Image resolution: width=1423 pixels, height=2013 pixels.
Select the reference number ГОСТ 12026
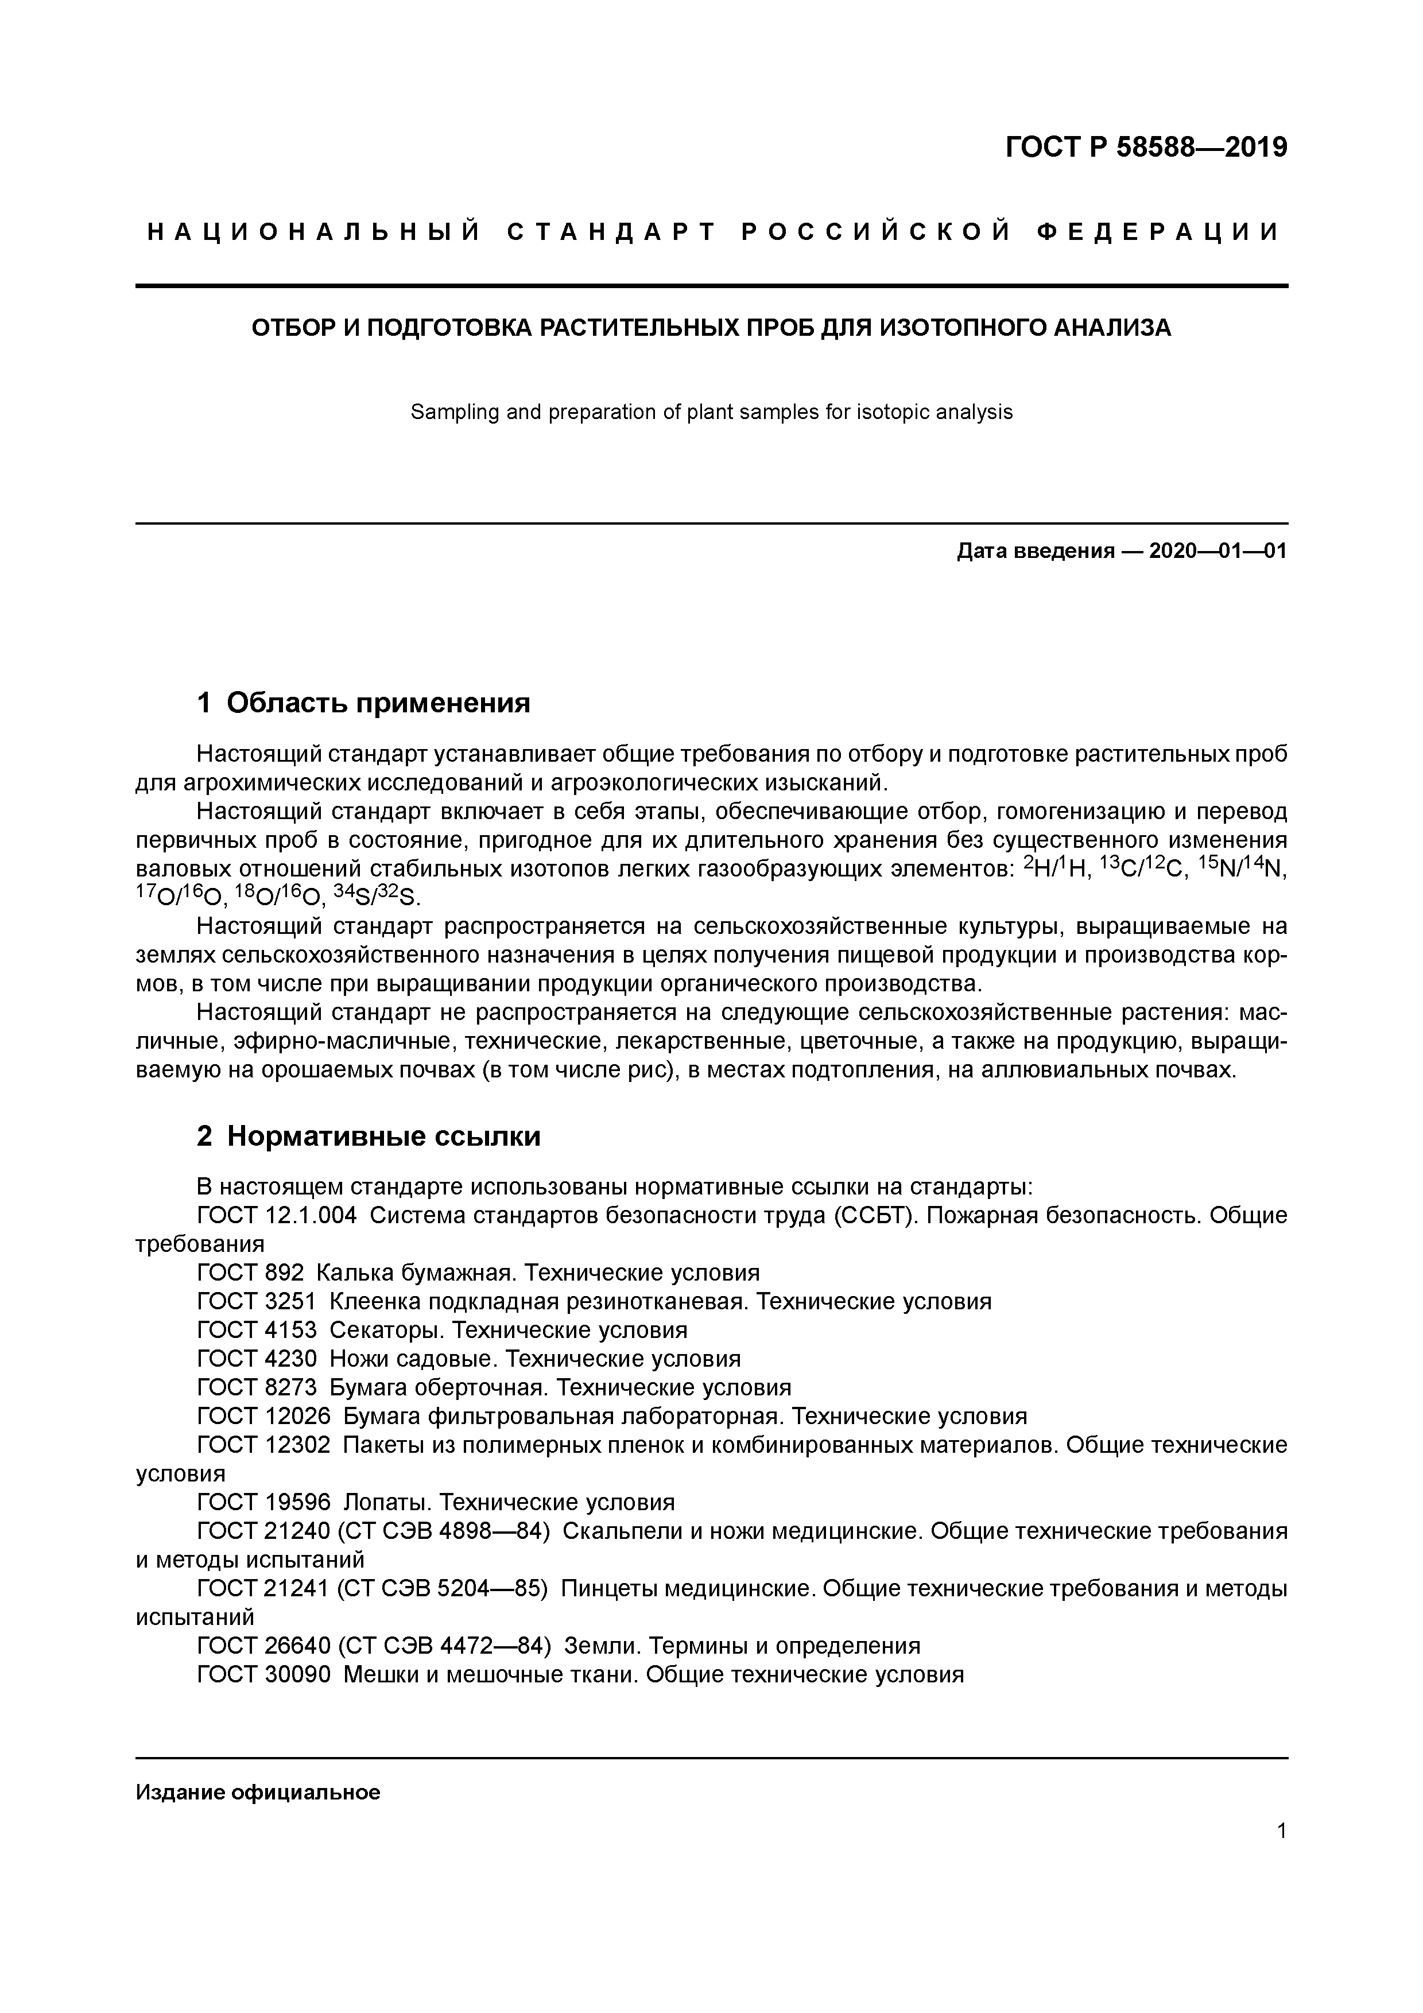(264, 1416)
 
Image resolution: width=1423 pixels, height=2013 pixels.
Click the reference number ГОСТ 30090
(264, 1674)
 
